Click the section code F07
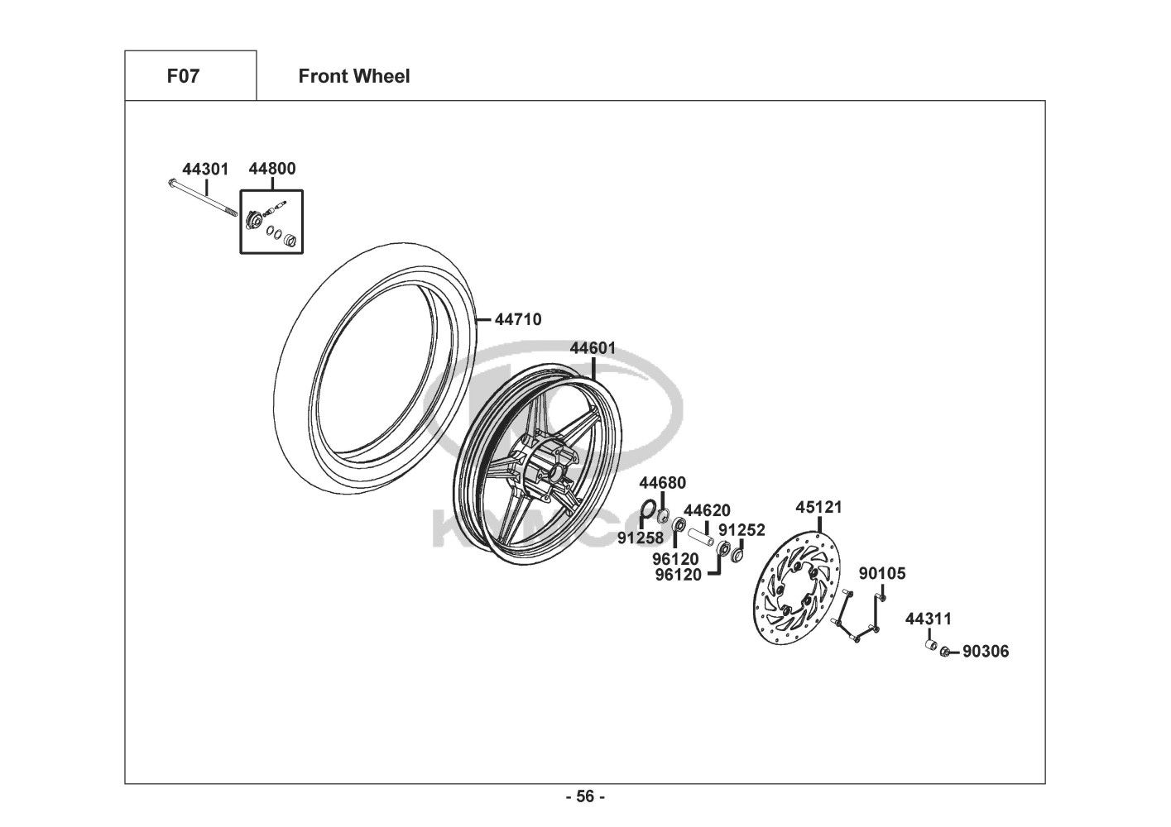click(x=183, y=76)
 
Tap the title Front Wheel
click(x=353, y=76)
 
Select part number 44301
click(x=205, y=169)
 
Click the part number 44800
click(x=271, y=169)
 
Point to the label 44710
click(x=518, y=319)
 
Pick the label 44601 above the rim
click(x=593, y=348)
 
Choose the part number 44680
click(x=662, y=483)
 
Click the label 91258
click(x=641, y=538)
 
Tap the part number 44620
click(x=707, y=510)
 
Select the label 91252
click(x=741, y=530)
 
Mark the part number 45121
click(x=818, y=507)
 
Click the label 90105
click(x=881, y=573)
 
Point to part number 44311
click(x=928, y=619)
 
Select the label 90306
click(x=986, y=652)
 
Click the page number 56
click(x=585, y=797)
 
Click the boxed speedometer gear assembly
click(x=271, y=222)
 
